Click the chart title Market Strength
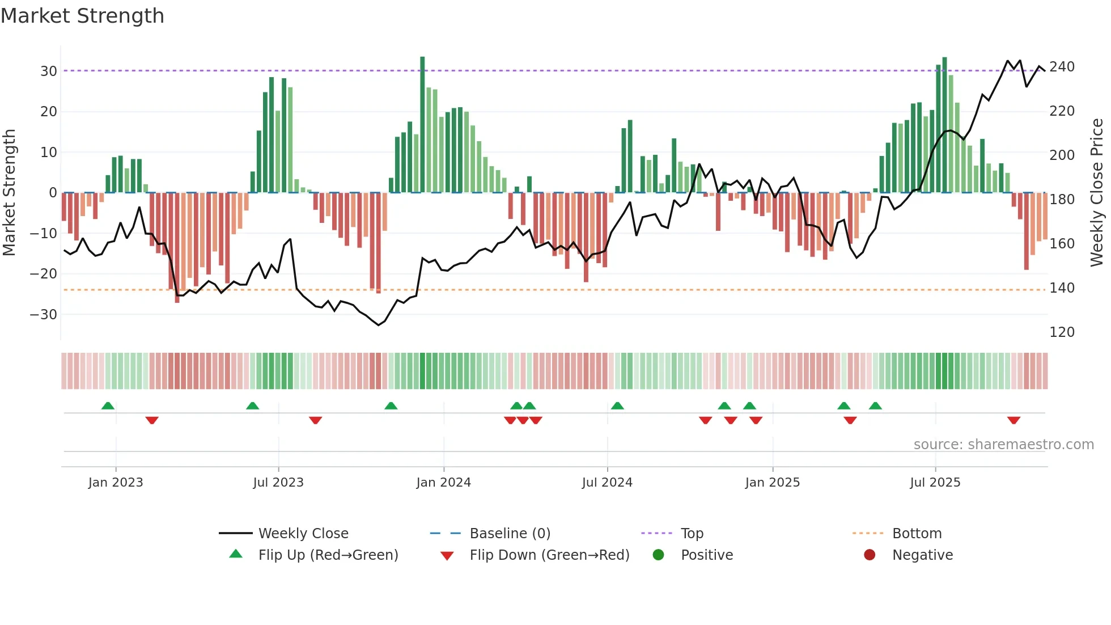82,16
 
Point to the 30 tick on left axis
49,71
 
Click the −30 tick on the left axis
44,315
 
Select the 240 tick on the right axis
1062,67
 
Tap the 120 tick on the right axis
1062,332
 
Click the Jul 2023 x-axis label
278,483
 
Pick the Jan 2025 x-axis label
772,483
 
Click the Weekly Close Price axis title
1097,193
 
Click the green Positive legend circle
658,555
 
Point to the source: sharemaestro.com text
1003,445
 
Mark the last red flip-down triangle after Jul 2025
1014,420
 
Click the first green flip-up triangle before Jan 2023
108,406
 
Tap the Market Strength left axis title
10,193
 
